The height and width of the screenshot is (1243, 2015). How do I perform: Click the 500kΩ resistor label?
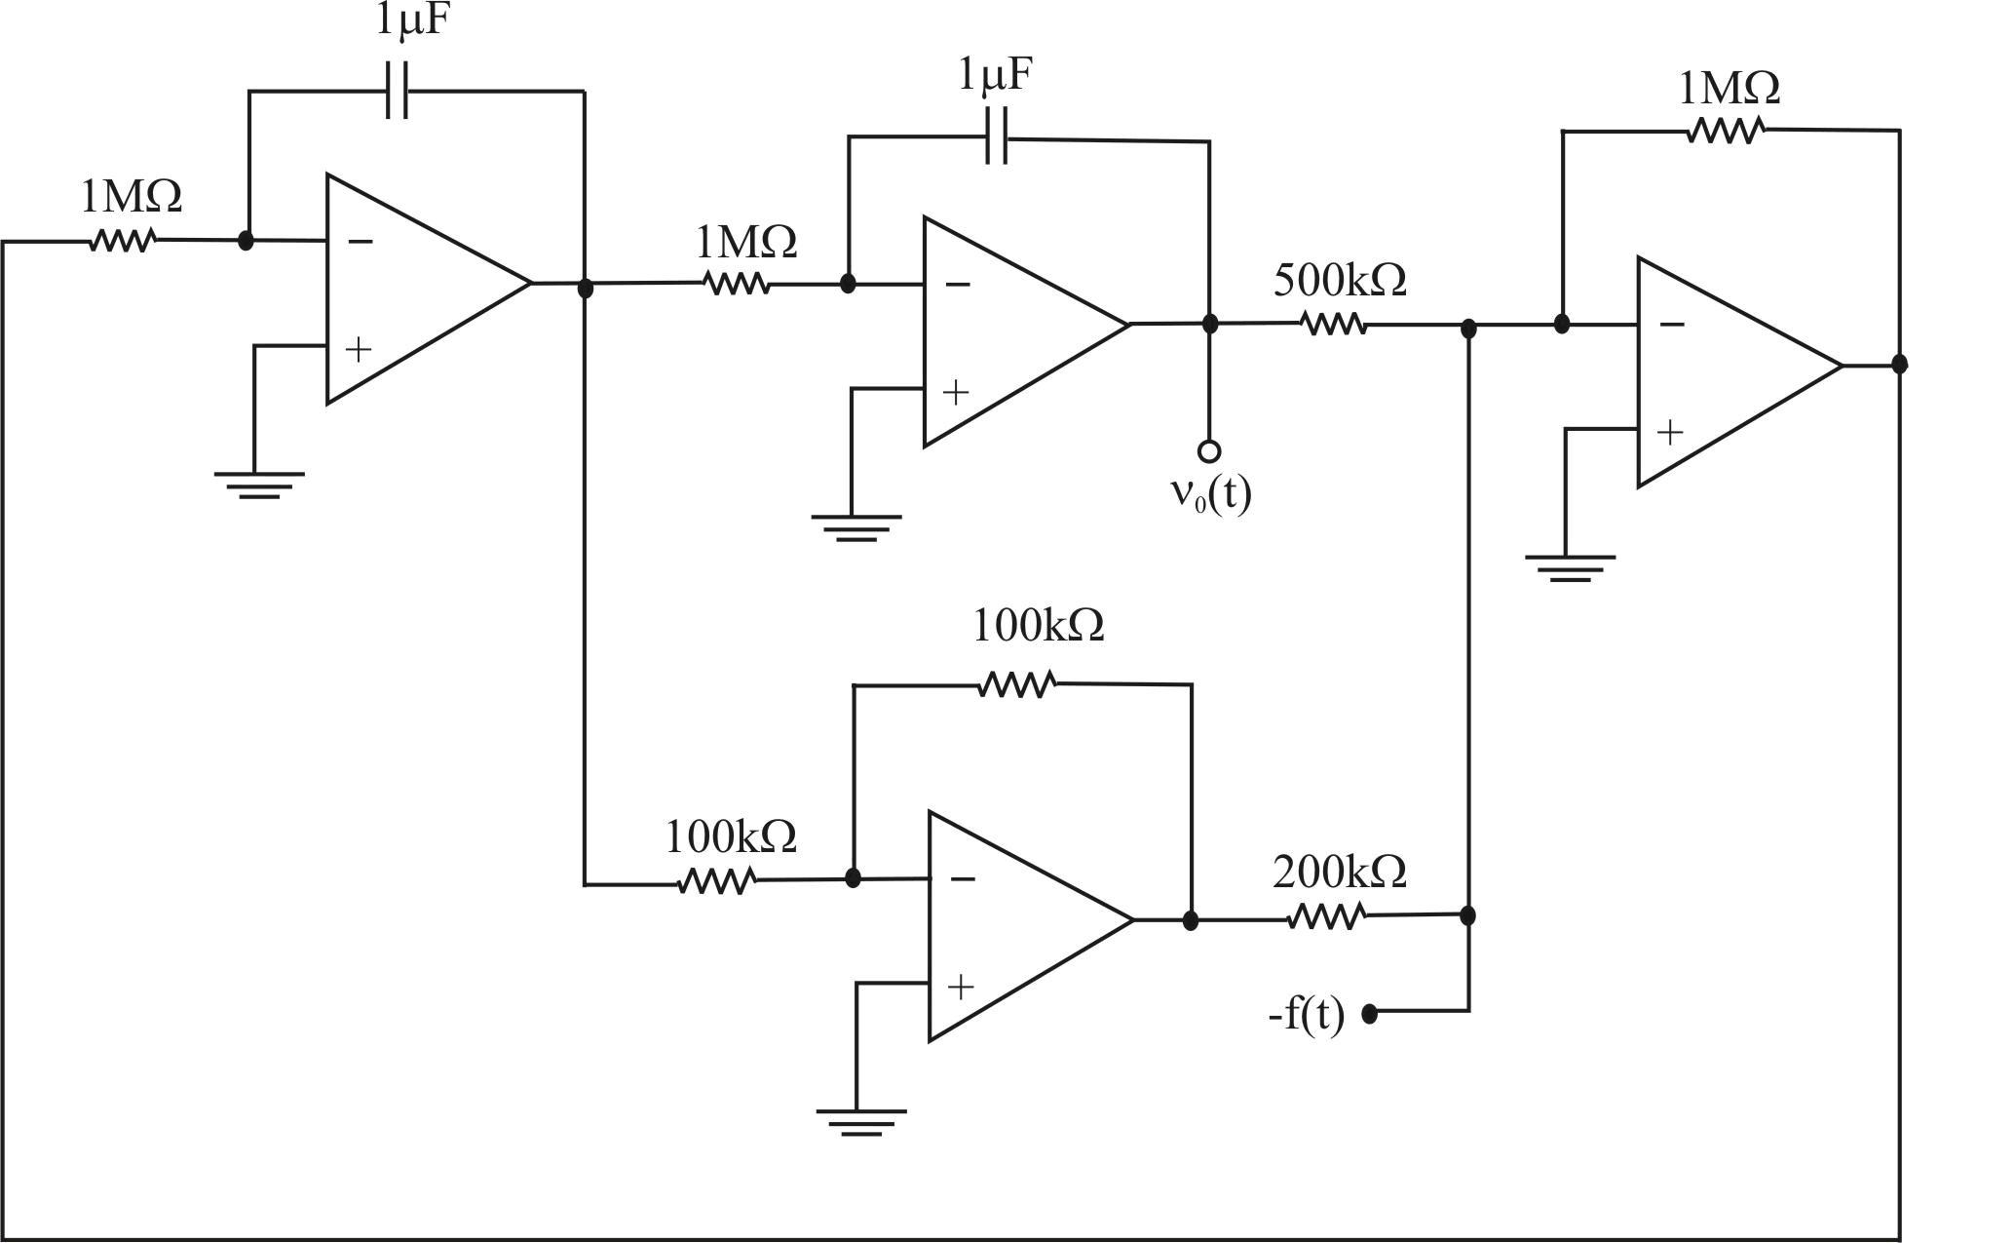[1340, 281]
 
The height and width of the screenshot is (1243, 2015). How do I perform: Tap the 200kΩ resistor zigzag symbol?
[1326, 916]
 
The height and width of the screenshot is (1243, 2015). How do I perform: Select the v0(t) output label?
[1210, 494]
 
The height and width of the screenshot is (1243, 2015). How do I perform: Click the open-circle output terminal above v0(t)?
[1209, 451]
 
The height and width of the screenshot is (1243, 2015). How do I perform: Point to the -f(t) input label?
[1307, 1015]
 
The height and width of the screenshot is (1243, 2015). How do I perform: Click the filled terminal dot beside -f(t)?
[1369, 1014]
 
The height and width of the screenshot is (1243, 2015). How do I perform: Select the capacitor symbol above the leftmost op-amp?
[397, 92]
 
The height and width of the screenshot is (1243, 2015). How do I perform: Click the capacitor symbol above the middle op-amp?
[996, 137]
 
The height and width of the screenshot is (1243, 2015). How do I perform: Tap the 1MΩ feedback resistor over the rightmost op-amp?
[1725, 130]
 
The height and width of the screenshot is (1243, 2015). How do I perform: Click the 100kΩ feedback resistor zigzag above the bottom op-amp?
[1016, 683]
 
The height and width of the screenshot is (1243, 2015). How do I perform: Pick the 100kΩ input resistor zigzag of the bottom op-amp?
[717, 881]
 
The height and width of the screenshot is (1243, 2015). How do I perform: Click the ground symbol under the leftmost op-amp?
[259, 485]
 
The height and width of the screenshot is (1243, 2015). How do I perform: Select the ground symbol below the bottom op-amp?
[860, 1121]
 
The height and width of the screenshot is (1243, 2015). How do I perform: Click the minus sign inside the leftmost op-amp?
[361, 241]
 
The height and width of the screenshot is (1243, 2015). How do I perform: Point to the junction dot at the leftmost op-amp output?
[585, 289]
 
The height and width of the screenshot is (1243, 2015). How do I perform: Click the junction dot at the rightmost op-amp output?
[1899, 365]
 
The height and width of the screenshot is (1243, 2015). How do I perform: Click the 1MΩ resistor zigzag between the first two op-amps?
[736, 284]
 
